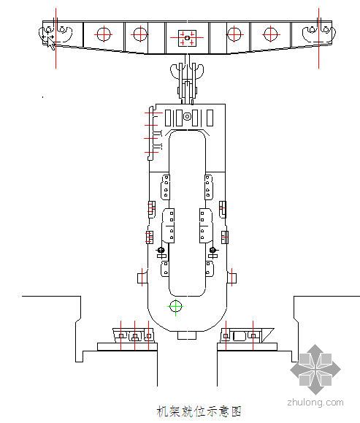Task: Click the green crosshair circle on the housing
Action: pos(175,307)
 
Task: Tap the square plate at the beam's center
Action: pos(187,38)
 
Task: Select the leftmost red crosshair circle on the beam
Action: pos(104,34)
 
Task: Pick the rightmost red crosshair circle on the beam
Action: pos(270,34)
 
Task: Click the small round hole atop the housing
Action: pos(187,117)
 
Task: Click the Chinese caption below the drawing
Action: pos(199,411)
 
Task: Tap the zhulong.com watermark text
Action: pos(315,403)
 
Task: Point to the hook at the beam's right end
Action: pos(319,34)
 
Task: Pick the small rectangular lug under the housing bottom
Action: pos(187,335)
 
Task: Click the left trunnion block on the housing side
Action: pos(142,278)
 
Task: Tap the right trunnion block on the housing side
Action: pos(231,278)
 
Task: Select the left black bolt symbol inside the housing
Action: pos(161,250)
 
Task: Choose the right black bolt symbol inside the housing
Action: pos(212,250)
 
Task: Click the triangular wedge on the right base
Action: pos(267,334)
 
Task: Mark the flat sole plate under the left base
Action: pos(127,346)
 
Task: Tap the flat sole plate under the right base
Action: pos(248,346)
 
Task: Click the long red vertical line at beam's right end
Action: pos(318,38)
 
